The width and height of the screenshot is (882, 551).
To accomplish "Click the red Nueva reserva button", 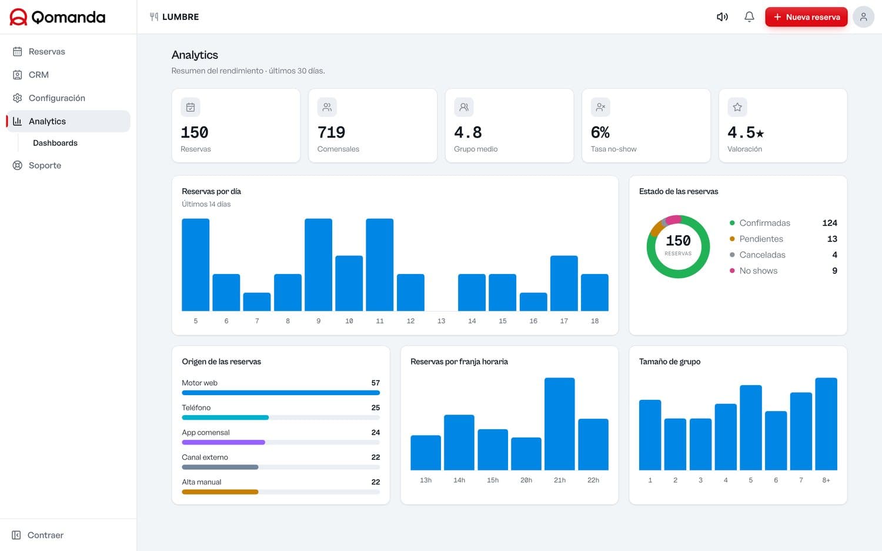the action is (x=806, y=17).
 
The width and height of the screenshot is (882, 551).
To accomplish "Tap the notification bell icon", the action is (x=749, y=17).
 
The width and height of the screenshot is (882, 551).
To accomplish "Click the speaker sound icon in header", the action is (x=722, y=17).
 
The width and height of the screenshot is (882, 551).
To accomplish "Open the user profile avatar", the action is (x=863, y=17).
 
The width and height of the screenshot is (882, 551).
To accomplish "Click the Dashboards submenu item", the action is (x=55, y=143).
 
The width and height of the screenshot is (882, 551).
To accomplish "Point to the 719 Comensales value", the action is (x=331, y=132).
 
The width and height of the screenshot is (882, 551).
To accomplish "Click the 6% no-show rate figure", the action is (x=600, y=132).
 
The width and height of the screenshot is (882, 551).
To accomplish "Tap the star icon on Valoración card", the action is (x=737, y=107).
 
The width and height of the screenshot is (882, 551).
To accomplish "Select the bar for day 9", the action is (x=318, y=265).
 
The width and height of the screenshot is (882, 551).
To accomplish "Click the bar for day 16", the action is (x=533, y=302).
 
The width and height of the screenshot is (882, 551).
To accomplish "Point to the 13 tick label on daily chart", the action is (x=441, y=321).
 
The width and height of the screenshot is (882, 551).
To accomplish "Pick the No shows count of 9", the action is (x=834, y=271).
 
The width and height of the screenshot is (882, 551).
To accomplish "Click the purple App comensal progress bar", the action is (x=223, y=442).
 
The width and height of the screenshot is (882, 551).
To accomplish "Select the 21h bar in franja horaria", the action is (x=560, y=424).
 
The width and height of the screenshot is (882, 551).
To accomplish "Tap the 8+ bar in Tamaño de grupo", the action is (x=826, y=424).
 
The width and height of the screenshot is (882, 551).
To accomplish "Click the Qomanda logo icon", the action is (x=18, y=17).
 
